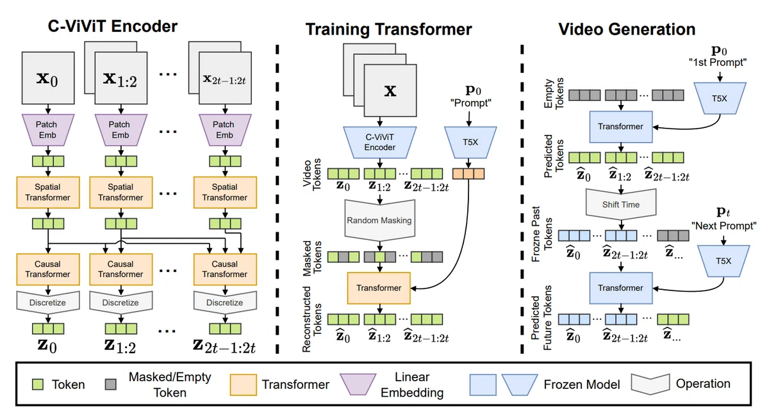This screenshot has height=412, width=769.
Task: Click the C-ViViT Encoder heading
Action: coord(113,26)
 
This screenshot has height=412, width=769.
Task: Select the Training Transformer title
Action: coord(388,29)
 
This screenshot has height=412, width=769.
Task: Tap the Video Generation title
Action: coord(627,29)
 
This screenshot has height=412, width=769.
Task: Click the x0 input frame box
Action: coord(48,78)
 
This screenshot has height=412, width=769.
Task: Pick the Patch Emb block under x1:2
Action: coord(121,131)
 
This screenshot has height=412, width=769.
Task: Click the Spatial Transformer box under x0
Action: coord(48,193)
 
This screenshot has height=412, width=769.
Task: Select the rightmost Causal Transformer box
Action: coord(225,269)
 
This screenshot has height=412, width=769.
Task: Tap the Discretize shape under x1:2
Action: coord(121,303)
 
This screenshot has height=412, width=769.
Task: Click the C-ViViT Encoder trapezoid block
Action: coord(379,142)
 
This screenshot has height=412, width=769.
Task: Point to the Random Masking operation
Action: coord(379,220)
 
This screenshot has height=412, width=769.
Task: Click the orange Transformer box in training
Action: coord(379,288)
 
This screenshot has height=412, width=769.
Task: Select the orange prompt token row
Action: coord(468,174)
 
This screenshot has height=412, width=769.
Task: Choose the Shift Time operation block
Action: coord(621,204)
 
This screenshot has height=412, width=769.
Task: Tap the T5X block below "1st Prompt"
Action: coord(720,99)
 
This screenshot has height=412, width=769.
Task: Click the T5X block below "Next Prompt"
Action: coord(724,261)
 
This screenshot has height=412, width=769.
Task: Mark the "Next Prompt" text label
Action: coord(724,226)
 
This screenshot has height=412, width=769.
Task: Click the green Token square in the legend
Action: coord(38,384)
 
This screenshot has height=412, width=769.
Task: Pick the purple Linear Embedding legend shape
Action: coord(358,384)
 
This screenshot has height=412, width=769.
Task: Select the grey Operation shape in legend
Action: coord(650,384)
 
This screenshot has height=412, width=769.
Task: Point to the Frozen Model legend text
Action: coord(582,384)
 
